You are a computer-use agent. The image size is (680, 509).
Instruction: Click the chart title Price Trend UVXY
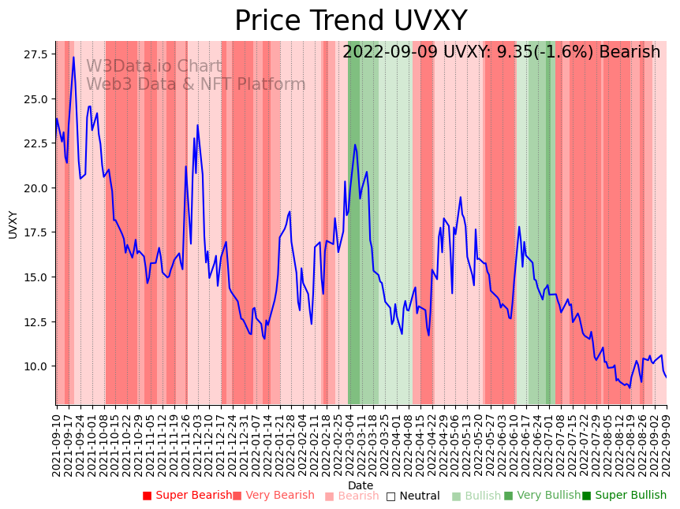coord(350,21)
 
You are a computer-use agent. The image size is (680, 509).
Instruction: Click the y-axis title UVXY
coord(13,224)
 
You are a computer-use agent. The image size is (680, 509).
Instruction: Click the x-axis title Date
coord(361,485)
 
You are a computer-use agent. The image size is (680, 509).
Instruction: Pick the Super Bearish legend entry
coord(187,496)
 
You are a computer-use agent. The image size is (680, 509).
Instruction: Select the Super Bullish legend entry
coord(624,496)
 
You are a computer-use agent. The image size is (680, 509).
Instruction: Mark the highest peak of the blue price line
coord(73,57)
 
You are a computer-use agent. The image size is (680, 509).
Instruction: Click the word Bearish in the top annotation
coord(630,53)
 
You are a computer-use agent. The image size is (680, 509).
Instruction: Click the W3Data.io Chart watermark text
coord(154,66)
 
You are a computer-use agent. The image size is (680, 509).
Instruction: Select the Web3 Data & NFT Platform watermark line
coord(196,84)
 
